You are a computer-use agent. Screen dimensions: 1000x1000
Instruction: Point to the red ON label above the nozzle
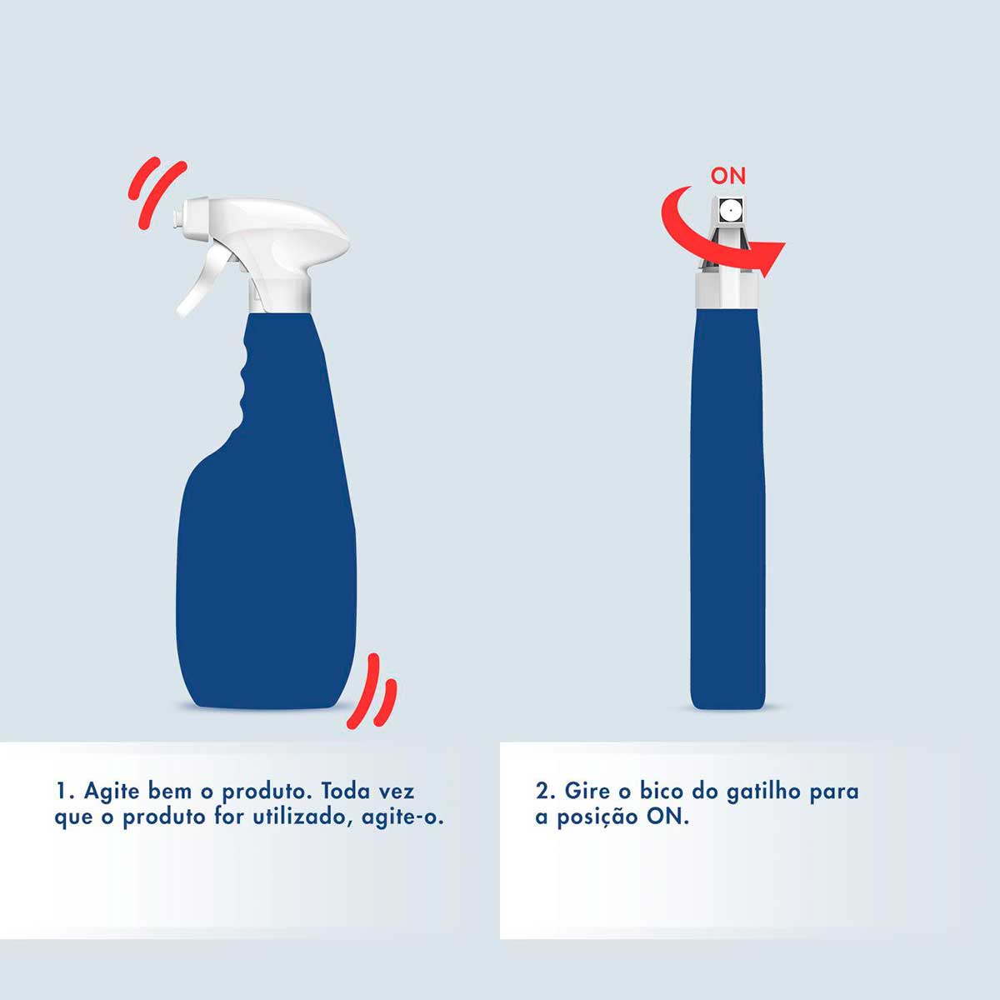pos(728,176)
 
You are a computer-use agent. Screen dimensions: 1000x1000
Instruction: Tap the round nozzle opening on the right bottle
pos(730,212)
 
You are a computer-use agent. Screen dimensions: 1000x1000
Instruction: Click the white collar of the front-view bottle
pos(728,291)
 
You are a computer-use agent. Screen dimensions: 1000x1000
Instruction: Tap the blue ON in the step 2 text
pos(668,817)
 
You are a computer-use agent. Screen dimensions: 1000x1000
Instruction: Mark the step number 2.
pos(542,790)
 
